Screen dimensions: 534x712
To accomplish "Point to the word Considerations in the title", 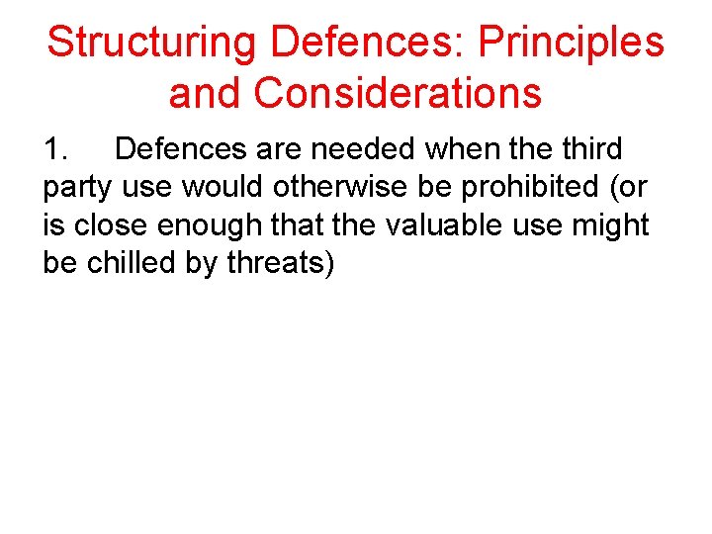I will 398,93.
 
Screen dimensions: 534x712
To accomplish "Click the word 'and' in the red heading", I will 206,93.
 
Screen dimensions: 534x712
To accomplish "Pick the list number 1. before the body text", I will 58,149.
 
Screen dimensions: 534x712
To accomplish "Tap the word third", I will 588,149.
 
